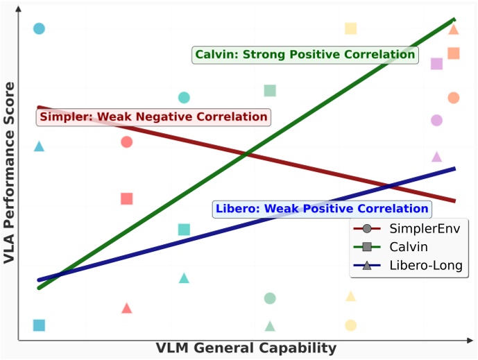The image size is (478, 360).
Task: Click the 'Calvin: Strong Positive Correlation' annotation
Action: [x=305, y=55]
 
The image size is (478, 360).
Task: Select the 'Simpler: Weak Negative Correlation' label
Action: [x=153, y=117]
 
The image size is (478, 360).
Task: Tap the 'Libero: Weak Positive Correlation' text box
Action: [x=322, y=208]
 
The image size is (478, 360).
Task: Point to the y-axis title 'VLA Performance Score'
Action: [x=9, y=173]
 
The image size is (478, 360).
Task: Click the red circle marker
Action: [x=126, y=142]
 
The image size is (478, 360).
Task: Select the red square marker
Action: [x=126, y=199]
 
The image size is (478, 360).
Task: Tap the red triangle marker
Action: [x=126, y=308]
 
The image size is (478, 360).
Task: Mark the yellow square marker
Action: [x=351, y=28]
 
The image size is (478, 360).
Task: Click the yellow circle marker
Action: [x=351, y=325]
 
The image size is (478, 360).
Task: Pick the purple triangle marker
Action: [x=436, y=157]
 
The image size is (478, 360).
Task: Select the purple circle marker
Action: [x=436, y=120]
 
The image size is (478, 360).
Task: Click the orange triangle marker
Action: [x=454, y=29]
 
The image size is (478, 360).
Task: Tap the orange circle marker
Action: [x=454, y=98]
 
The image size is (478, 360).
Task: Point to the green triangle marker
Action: [x=270, y=326]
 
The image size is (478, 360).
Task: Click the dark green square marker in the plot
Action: [x=270, y=91]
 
